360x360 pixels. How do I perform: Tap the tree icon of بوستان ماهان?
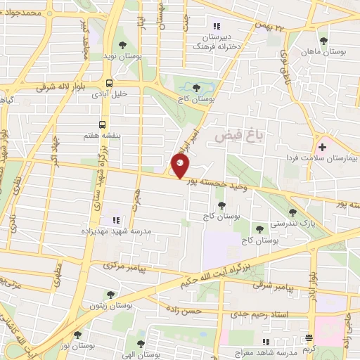pos(323,40)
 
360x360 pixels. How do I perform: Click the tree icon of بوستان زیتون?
pos(109,294)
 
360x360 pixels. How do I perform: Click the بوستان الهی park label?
pos(141,354)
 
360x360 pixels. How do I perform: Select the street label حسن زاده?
pos(184,310)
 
